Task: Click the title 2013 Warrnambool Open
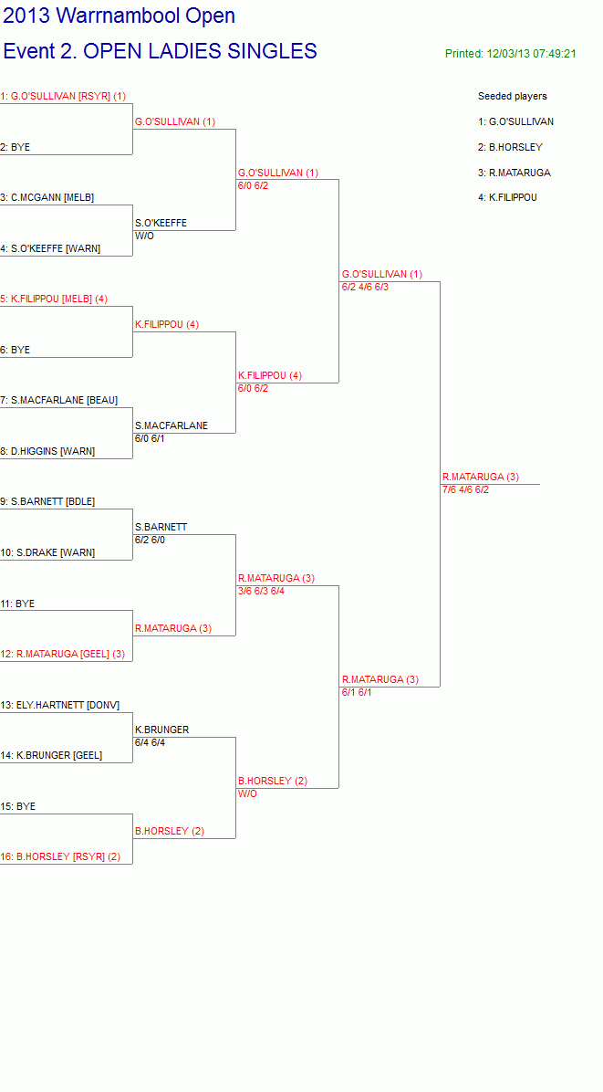point(120,16)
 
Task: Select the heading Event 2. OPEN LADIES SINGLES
point(160,51)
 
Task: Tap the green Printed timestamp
point(511,54)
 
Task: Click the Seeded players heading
point(513,96)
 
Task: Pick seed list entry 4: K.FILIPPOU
point(508,197)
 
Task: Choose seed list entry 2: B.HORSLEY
point(511,147)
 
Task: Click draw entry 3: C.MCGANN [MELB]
point(47,197)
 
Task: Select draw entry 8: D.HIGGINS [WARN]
point(47,451)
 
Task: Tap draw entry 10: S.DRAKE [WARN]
point(48,552)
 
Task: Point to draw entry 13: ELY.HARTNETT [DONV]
point(60,705)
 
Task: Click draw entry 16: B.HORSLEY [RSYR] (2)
point(60,856)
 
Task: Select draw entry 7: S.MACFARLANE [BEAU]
point(59,400)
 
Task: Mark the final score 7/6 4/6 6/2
point(465,489)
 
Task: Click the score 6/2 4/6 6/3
point(365,287)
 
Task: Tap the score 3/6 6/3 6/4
point(262,592)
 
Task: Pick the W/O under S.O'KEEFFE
point(145,236)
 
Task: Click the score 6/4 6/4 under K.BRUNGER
point(151,742)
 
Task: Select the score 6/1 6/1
point(357,692)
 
